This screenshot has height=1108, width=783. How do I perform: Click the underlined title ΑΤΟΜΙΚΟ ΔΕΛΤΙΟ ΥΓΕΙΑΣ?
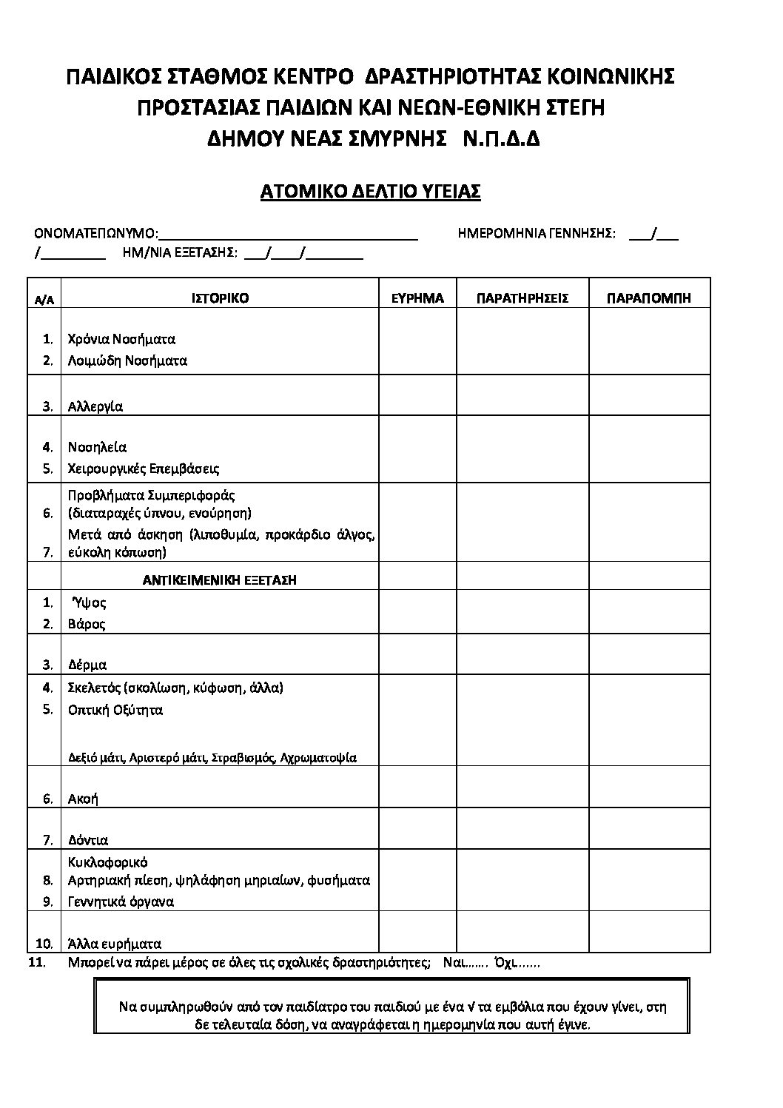click(x=371, y=192)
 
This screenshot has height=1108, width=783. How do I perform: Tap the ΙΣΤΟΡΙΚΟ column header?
click(x=220, y=298)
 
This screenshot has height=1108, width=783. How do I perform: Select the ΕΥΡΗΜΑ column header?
click(x=417, y=298)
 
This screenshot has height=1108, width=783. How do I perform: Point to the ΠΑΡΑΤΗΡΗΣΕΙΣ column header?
click(x=522, y=298)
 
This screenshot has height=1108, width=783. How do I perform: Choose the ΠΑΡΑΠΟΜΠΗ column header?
click(x=649, y=298)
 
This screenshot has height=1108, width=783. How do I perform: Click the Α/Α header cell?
click(x=44, y=300)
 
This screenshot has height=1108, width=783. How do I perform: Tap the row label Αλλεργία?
click(x=95, y=406)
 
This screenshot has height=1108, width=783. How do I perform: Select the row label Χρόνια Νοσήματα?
click(x=121, y=340)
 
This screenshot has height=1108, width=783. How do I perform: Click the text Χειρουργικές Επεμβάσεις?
click(x=144, y=469)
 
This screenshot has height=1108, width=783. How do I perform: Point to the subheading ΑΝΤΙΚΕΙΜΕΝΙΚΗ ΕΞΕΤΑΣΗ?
click(x=219, y=580)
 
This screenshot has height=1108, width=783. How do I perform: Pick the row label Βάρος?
click(x=87, y=624)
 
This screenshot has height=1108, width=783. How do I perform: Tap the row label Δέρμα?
click(x=87, y=665)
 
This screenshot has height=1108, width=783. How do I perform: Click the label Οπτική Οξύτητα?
click(x=115, y=710)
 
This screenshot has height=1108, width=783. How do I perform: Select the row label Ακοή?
click(x=83, y=799)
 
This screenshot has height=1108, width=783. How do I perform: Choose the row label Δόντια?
click(x=88, y=840)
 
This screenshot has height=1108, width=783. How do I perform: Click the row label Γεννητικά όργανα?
click(x=121, y=901)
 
